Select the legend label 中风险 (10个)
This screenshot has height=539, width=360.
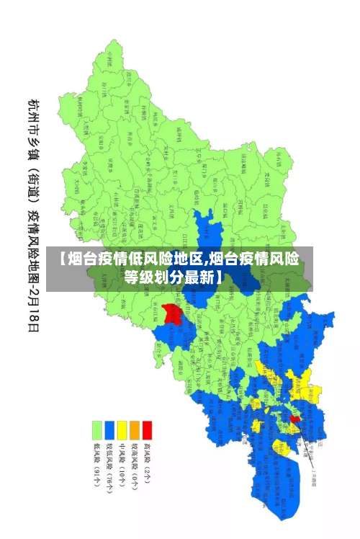tap(122, 464)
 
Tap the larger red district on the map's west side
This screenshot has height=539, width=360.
tap(171, 313)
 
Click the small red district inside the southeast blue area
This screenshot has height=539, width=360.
tap(294, 418)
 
